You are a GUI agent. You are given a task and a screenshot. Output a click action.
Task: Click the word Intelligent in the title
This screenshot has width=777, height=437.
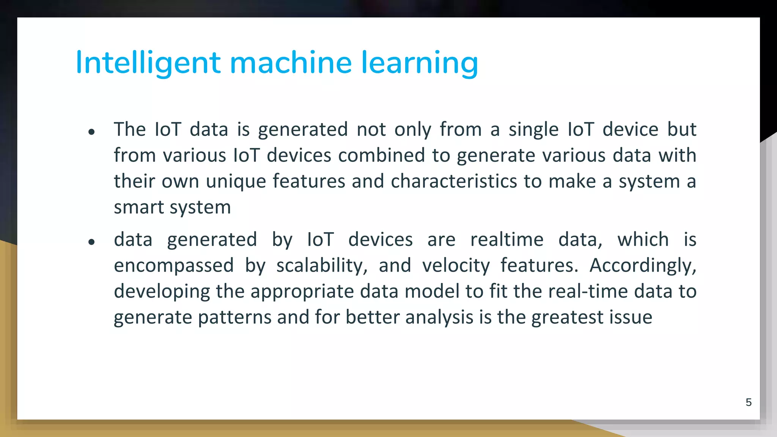148,63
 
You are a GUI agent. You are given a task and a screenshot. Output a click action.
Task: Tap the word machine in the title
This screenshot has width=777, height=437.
291,63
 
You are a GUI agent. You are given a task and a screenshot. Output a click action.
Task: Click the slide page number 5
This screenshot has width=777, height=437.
749,402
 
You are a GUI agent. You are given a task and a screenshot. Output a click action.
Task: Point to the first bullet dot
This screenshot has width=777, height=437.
91,132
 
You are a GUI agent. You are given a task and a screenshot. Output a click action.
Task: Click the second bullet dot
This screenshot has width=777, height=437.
91,242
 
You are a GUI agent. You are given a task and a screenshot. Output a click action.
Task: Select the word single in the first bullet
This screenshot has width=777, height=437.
533,130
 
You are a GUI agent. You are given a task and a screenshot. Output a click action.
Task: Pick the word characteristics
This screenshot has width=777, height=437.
454,181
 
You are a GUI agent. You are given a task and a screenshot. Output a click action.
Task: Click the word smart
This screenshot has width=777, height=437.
138,207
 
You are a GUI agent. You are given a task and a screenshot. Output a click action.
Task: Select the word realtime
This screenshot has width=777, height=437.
507,240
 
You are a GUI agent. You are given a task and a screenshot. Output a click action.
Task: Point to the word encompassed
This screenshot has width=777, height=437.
174,266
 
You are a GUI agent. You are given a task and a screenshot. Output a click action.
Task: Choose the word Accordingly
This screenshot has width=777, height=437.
643,266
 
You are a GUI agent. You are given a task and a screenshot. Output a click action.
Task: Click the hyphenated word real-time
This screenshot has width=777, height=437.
588,291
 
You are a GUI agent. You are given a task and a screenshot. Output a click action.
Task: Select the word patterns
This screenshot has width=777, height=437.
234,317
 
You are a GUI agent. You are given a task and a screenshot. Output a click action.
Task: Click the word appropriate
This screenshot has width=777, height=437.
302,291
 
